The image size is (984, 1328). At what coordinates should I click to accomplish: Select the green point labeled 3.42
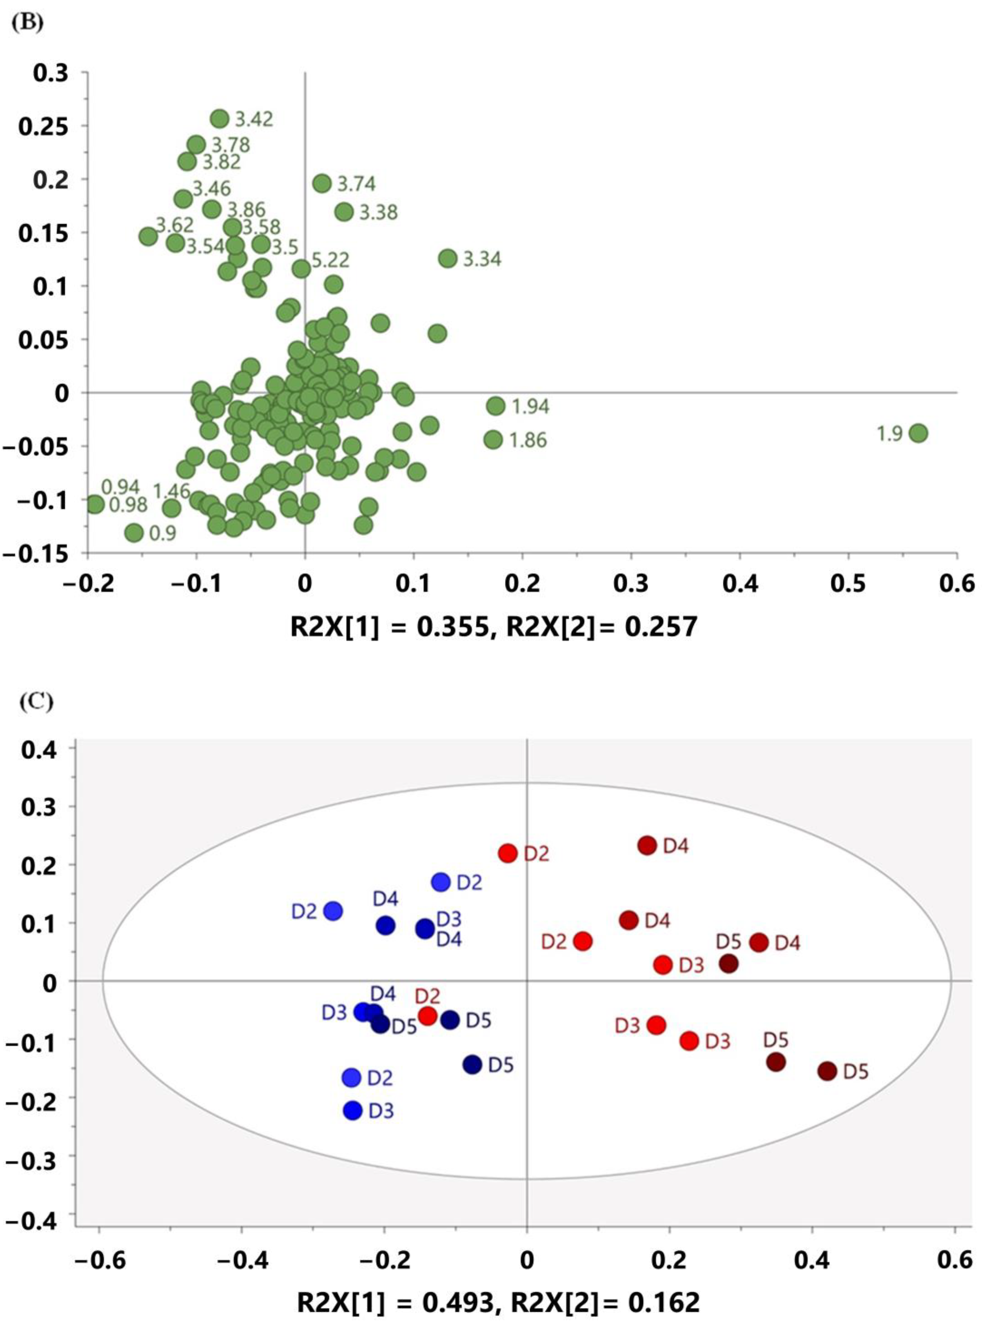220,119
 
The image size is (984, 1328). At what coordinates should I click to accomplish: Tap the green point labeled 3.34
448,258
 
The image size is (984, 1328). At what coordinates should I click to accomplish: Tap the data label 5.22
330,260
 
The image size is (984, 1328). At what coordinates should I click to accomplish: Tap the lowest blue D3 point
353,1110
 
